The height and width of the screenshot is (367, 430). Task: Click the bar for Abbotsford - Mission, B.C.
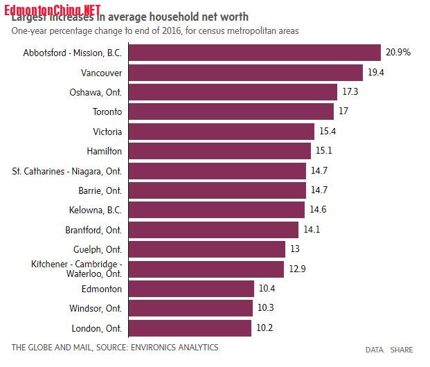click(255, 53)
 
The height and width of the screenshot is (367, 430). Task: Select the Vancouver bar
click(246, 73)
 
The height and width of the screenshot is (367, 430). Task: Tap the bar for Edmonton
click(191, 289)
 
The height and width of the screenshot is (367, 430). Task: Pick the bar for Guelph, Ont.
click(207, 249)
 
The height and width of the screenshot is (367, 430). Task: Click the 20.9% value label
click(398, 53)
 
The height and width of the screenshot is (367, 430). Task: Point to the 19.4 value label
click(376, 73)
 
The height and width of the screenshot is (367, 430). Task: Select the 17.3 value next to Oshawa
click(350, 91)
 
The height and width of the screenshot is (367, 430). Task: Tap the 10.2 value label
click(265, 328)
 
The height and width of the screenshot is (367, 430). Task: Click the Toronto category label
click(107, 111)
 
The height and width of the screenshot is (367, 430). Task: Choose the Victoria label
click(107, 131)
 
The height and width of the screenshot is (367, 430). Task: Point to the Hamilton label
click(105, 150)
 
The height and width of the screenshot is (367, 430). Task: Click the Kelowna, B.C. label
click(97, 210)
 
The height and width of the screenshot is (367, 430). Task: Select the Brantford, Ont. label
click(93, 229)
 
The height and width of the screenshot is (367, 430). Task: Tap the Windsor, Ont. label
click(96, 308)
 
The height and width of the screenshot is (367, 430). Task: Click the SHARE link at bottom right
click(402, 350)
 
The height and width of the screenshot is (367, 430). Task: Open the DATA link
click(375, 350)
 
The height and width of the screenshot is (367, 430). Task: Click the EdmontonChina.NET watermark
click(53, 8)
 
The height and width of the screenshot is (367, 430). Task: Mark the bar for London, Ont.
click(190, 328)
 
